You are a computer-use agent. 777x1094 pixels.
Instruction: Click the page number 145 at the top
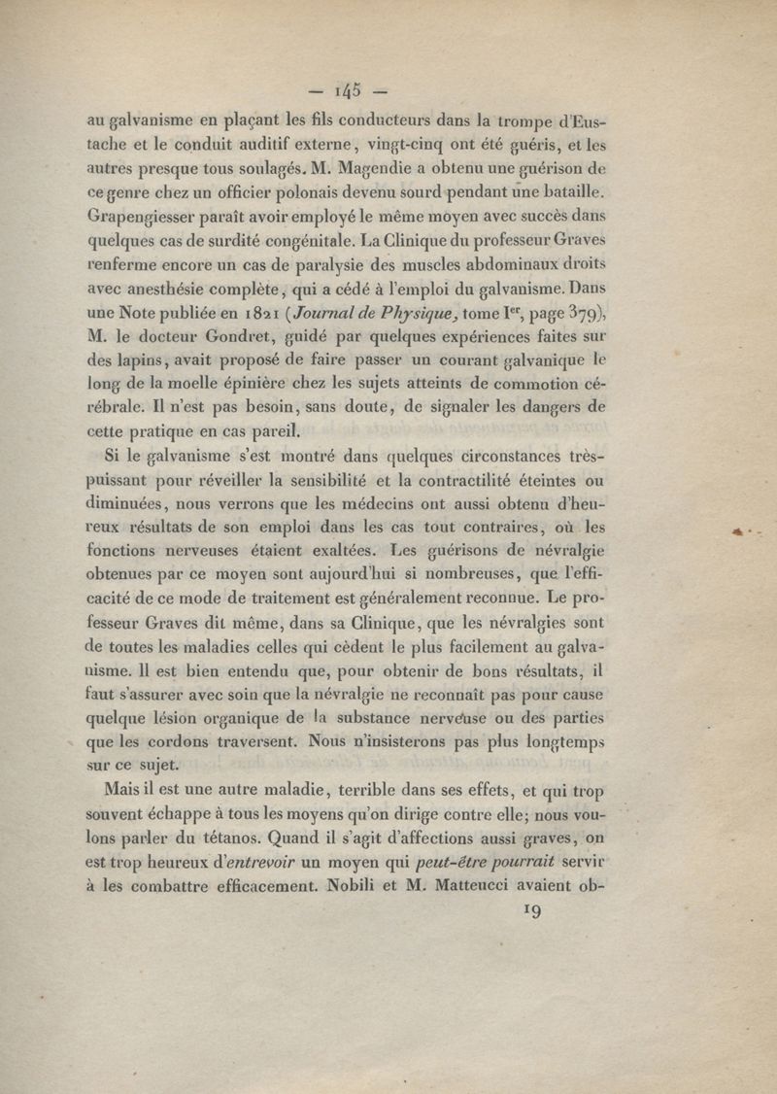tap(347, 92)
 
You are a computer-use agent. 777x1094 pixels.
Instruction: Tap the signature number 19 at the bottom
tap(531, 911)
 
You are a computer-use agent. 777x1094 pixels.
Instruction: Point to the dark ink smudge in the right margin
tap(743, 530)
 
